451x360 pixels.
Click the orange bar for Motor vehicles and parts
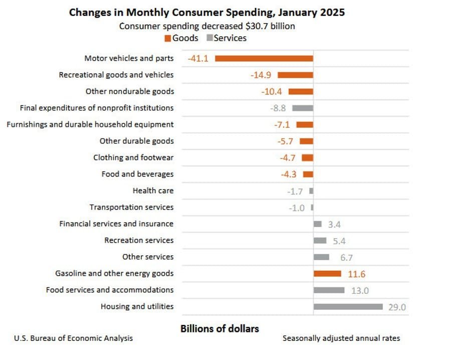click(x=264, y=58)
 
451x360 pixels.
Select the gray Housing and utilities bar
click(x=348, y=307)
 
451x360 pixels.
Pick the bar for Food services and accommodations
click(x=329, y=290)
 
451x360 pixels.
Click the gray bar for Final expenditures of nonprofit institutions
click(x=303, y=108)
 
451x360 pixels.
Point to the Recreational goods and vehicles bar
click(x=295, y=75)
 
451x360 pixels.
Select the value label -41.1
click(x=198, y=59)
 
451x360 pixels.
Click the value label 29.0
click(x=397, y=307)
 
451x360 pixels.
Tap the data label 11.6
click(x=357, y=274)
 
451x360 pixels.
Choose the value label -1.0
click(x=297, y=208)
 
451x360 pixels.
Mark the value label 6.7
click(x=346, y=258)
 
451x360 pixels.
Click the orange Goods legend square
click(x=168, y=38)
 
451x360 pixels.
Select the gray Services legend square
click(x=209, y=38)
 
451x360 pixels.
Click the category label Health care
click(x=153, y=191)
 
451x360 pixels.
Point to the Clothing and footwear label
click(x=133, y=157)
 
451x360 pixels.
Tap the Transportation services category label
click(x=131, y=207)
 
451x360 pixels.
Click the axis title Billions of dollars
click(x=219, y=329)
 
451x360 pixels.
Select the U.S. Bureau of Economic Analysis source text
click(x=73, y=338)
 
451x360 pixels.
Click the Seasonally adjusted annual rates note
click(x=341, y=338)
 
